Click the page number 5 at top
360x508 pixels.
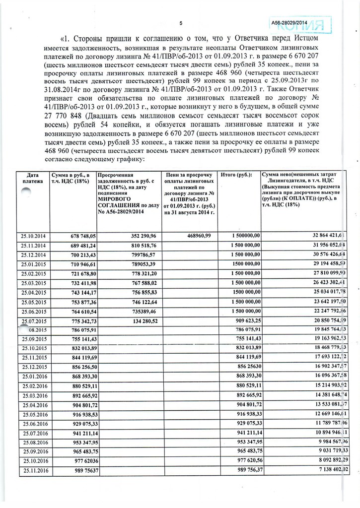(x=181, y=22)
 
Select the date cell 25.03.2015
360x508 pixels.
(x=33, y=283)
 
